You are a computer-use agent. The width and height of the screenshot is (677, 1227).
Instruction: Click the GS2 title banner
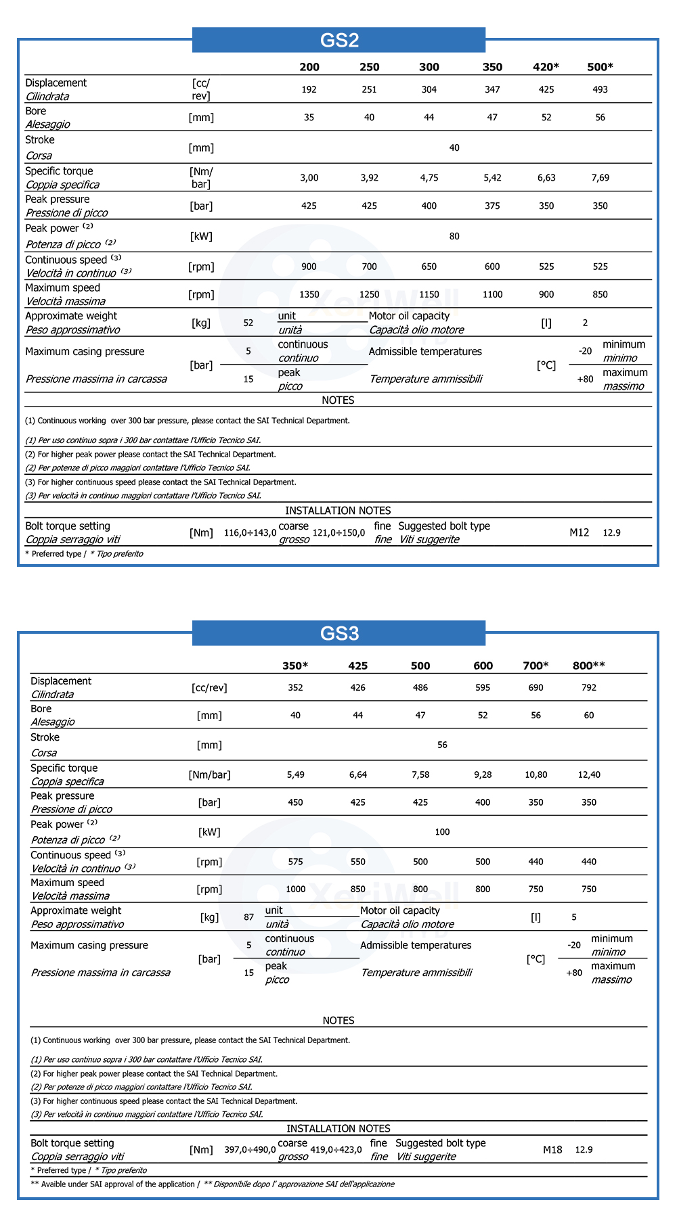tap(338, 40)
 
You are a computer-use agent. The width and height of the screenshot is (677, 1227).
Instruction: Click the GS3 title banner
tap(338, 633)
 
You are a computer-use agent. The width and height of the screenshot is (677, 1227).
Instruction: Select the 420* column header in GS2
tap(546, 67)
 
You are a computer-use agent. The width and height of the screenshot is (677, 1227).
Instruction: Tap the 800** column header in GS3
tap(588, 666)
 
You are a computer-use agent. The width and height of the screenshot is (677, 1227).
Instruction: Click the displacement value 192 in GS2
tap(309, 89)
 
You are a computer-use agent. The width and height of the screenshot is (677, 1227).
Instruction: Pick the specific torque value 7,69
tap(600, 178)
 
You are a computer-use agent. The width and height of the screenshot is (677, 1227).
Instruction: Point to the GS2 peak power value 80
tap(454, 236)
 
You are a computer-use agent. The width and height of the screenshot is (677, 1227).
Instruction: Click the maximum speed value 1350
tap(309, 294)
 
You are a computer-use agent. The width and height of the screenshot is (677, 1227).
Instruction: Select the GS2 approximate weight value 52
tap(248, 323)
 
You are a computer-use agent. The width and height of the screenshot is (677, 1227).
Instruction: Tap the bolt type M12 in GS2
tap(579, 533)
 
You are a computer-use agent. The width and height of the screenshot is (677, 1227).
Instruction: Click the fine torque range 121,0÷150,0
tap(338, 533)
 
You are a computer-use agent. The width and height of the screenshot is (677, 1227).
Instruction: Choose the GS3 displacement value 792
tap(589, 687)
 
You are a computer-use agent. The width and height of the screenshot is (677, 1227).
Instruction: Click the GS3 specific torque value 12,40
tap(589, 774)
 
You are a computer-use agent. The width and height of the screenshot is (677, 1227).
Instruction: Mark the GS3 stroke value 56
tap(442, 745)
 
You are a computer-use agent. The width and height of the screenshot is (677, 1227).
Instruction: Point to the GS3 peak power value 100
tap(442, 832)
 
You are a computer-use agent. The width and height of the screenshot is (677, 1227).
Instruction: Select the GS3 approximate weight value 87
tap(249, 917)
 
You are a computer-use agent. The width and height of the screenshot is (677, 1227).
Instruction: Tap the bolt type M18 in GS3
tap(552, 1150)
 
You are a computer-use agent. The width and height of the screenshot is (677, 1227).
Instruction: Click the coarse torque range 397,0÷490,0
tap(250, 1150)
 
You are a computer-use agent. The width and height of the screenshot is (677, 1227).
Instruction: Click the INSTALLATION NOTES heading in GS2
tap(338, 511)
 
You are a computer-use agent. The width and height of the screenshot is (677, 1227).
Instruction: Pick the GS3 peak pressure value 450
tap(295, 802)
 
